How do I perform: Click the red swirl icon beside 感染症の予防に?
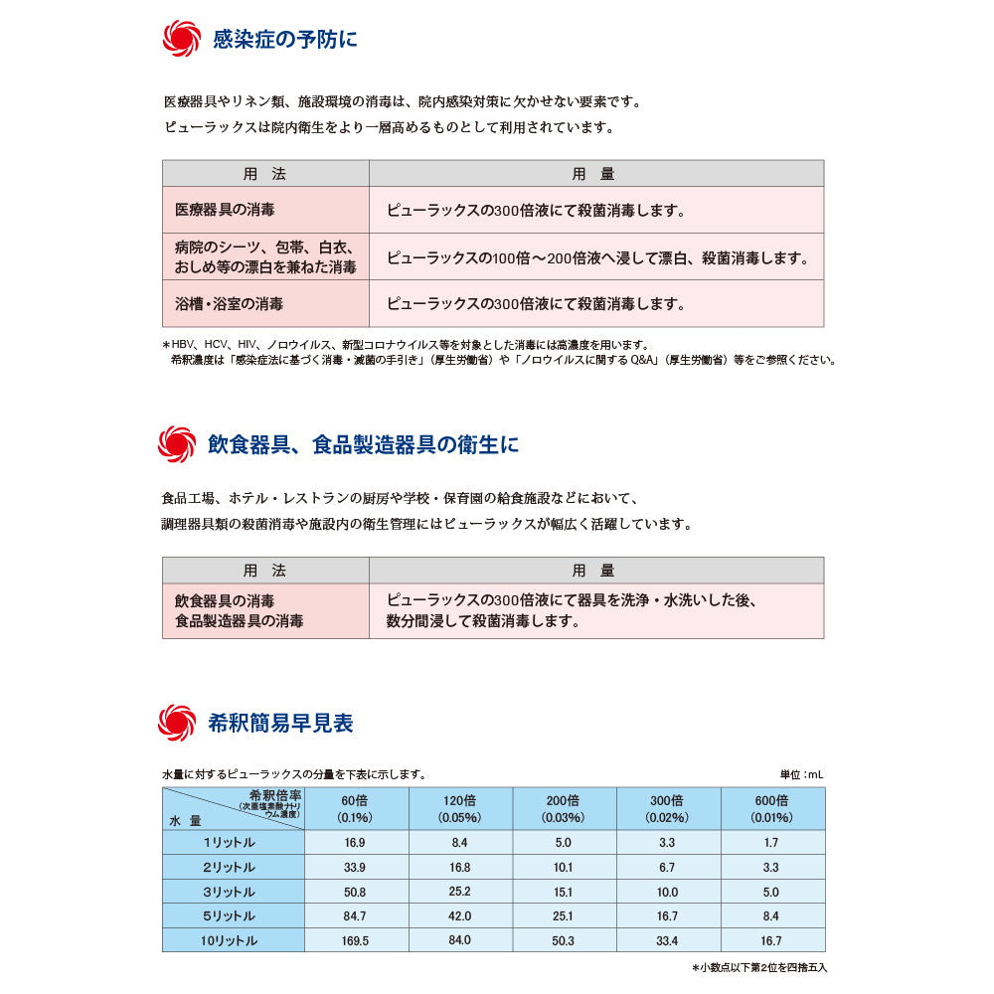click(180, 39)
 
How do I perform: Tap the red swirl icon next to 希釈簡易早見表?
click(177, 723)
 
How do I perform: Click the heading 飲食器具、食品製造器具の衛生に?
click(363, 444)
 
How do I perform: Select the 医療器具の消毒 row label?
click(225, 211)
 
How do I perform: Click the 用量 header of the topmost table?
click(594, 174)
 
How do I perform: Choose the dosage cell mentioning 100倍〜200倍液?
click(596, 257)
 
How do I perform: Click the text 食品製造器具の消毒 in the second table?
click(239, 621)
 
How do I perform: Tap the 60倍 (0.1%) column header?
click(355, 809)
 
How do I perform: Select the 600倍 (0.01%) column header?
click(771, 809)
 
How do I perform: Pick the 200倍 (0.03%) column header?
click(563, 809)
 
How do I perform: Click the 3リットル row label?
click(230, 892)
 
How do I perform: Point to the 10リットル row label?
click(230, 940)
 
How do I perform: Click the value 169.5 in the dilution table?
click(355, 940)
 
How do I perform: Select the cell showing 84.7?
click(355, 915)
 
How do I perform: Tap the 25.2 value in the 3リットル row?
click(459, 892)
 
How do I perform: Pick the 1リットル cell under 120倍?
click(459, 843)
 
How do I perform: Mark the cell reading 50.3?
click(563, 940)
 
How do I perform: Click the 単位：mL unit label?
click(801, 774)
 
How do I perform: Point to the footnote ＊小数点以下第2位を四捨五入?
click(758, 967)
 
